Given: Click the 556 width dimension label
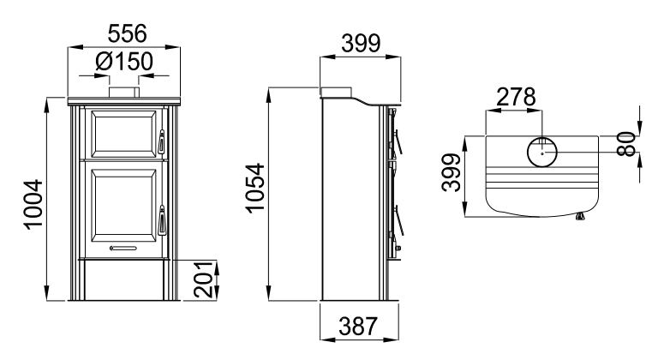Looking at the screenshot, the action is pyautogui.click(x=127, y=33).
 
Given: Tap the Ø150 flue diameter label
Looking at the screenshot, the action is pyautogui.click(x=123, y=62).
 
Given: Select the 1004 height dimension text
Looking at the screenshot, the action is pyautogui.click(x=33, y=205).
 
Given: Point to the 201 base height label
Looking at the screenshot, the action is pyautogui.click(x=204, y=279).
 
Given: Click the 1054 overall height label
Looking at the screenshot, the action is pyautogui.click(x=255, y=189).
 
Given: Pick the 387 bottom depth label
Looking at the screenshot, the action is pyautogui.click(x=358, y=326).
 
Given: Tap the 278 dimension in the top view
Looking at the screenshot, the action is pyautogui.click(x=516, y=97).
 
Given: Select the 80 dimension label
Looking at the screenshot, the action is pyautogui.click(x=627, y=144).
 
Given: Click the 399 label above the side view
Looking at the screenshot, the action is pyautogui.click(x=361, y=43).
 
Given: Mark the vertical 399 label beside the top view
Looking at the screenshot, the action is pyautogui.click(x=452, y=172).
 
